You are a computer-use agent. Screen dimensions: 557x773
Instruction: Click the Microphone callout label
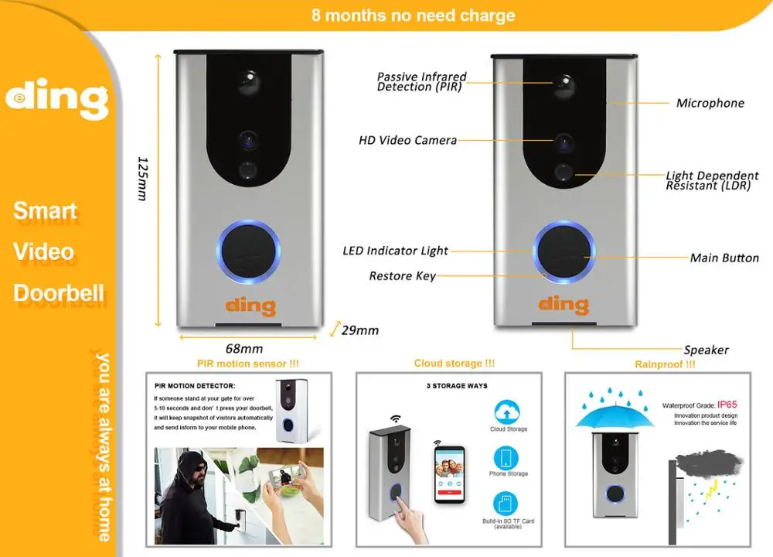point(710,103)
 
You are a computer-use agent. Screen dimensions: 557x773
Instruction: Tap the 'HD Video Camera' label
point(407,141)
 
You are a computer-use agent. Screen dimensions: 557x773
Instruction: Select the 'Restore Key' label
point(402,276)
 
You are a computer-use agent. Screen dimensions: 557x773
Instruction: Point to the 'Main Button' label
point(724,258)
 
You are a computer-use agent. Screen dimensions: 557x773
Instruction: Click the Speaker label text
point(706,350)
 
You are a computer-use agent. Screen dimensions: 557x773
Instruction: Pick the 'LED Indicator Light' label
point(395,251)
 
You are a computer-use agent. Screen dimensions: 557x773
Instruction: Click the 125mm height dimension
point(142,179)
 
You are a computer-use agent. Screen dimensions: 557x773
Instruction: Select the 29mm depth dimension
point(359,330)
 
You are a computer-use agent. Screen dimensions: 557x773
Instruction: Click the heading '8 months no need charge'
point(413,15)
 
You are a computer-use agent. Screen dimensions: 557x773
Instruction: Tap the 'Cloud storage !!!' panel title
point(454,363)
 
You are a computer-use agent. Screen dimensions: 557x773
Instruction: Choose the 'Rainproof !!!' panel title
point(665,364)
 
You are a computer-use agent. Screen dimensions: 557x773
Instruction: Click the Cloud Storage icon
point(508,412)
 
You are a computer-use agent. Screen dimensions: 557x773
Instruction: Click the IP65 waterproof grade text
point(727,405)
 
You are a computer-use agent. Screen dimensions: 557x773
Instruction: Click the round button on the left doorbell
point(248,252)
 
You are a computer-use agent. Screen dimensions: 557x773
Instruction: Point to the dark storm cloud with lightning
point(709,465)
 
